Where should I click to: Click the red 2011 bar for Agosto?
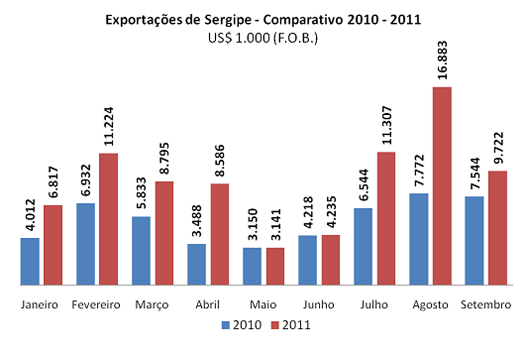(x=442, y=186)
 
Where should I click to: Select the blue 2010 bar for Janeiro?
(x=30, y=262)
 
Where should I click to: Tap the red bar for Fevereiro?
(x=108, y=219)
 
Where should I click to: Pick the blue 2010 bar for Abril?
(x=197, y=264)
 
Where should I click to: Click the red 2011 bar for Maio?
(x=276, y=266)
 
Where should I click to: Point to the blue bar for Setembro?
(x=474, y=241)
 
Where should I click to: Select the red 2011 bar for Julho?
(x=387, y=218)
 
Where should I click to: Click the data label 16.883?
(x=442, y=60)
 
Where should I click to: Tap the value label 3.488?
(x=197, y=221)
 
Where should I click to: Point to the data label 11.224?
(x=109, y=126)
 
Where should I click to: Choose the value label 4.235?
(x=331, y=212)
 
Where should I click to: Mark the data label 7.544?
(x=474, y=174)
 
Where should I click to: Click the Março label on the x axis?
(x=152, y=305)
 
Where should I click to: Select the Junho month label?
(x=319, y=305)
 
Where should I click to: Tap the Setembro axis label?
(x=485, y=305)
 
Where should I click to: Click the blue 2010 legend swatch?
(x=226, y=325)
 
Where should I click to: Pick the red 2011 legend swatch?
(x=275, y=325)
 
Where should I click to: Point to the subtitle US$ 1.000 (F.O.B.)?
(x=263, y=38)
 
